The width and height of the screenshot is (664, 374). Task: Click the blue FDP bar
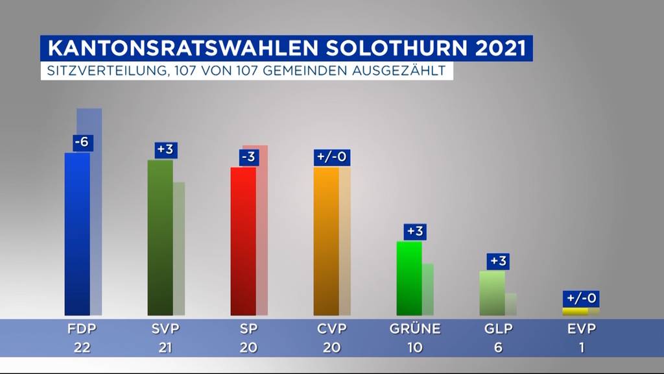[x=77, y=234]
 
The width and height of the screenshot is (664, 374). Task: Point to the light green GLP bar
[x=492, y=293]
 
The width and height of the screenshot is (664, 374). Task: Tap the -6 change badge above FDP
[x=82, y=142]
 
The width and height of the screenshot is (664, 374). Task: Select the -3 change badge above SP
[x=247, y=157]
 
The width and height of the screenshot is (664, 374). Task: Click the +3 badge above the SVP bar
[x=165, y=149]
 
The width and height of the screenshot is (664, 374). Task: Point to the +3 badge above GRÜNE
[x=415, y=231]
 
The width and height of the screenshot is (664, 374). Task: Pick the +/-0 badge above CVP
[x=332, y=157]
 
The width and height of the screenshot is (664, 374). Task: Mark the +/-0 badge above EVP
[x=580, y=298]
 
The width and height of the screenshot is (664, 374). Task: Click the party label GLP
[x=498, y=329]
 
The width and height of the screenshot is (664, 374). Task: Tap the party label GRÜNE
[x=415, y=329]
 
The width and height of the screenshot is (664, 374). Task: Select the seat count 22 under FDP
[x=82, y=347]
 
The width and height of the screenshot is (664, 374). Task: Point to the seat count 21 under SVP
[x=165, y=347]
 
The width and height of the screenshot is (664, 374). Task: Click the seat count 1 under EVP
[x=581, y=347]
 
